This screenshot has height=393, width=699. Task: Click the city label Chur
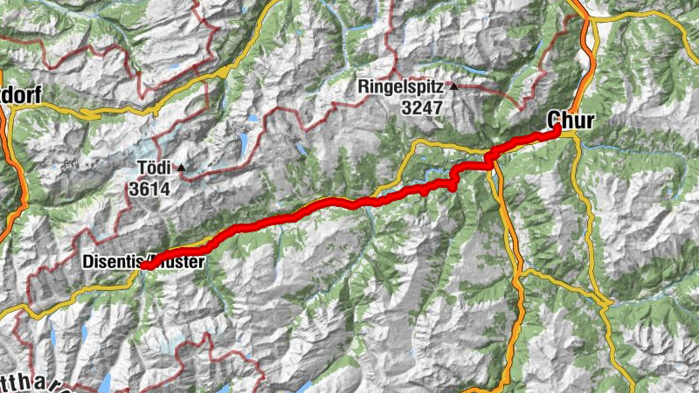tap(571, 119)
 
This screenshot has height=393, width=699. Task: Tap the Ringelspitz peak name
tap(401, 87)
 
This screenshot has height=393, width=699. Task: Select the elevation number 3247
tap(422, 108)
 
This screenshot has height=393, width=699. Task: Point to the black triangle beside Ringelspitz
tap(453, 86)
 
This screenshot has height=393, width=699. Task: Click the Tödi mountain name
tap(153, 167)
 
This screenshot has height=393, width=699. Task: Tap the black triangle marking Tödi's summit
tap(181, 167)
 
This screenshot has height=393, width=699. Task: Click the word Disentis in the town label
tap(113, 260)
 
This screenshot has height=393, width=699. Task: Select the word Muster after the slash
tap(181, 260)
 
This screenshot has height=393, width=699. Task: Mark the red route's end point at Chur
tap(557, 130)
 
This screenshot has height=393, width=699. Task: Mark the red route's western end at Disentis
tap(144, 265)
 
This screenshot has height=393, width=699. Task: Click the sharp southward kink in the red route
tap(453, 183)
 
